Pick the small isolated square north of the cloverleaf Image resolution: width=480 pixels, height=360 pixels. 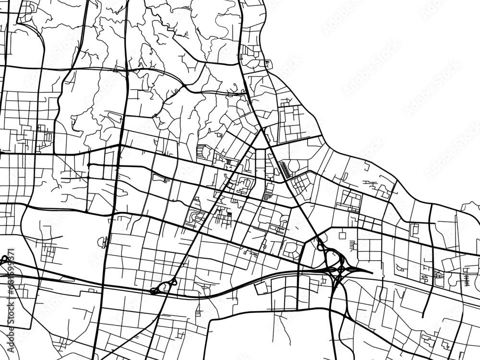[x=342, y=236]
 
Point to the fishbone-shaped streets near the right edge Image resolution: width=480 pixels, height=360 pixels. [x=467, y=277]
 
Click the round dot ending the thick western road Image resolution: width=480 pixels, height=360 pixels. [x=88, y=165]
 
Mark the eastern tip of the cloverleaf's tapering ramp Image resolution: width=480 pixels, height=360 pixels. [x=371, y=272]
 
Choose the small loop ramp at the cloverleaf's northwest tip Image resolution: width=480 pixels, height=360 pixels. [x=320, y=247]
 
